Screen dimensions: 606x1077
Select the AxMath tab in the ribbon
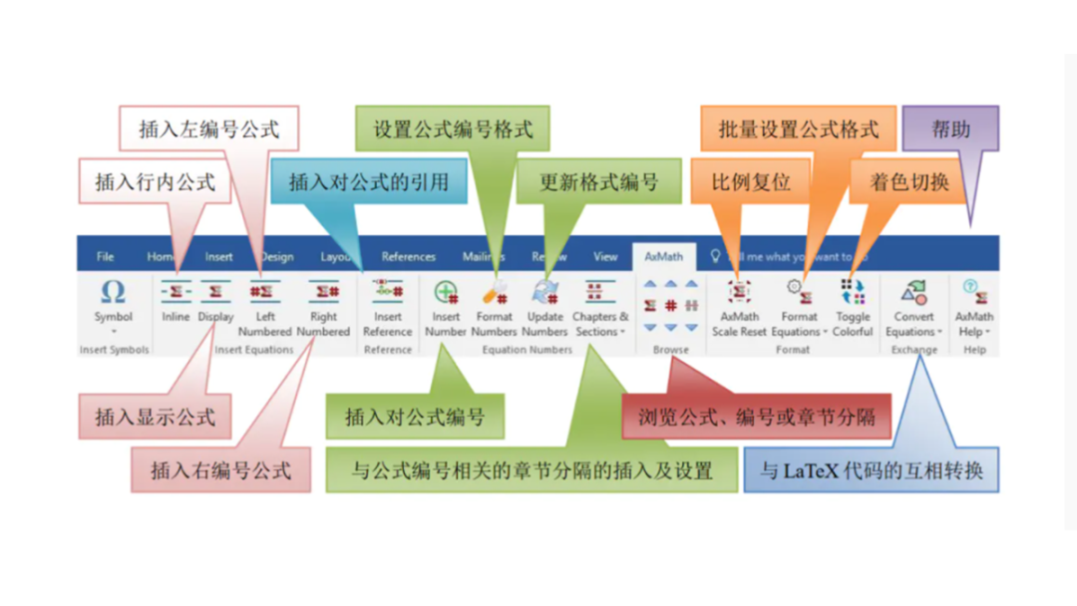tap(663, 256)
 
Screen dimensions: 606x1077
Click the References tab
tap(408, 256)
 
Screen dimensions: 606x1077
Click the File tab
tap(105, 256)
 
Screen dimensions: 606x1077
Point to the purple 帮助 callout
tap(949, 130)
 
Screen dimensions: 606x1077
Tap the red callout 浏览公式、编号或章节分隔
tap(756, 417)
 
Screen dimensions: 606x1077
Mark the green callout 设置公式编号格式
tap(453, 130)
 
